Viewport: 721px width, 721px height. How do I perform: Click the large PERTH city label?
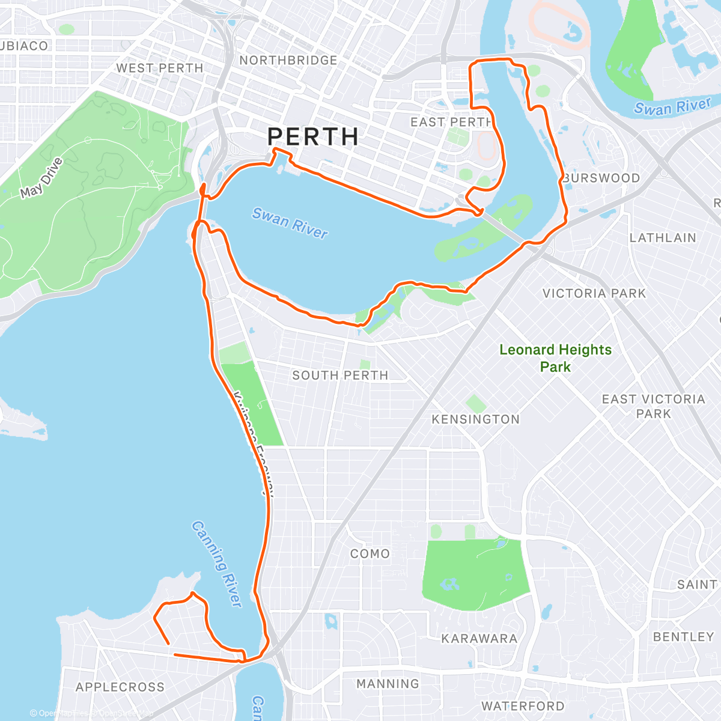[x=313, y=137]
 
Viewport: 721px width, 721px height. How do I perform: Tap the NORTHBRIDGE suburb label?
[x=288, y=61]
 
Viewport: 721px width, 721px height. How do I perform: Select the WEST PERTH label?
[x=160, y=68]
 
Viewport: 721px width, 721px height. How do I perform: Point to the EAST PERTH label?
[x=451, y=122]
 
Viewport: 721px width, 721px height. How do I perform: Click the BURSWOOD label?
[x=601, y=178]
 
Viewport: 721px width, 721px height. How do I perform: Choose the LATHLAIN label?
[x=663, y=238]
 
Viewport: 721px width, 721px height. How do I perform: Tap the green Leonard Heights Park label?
[x=555, y=358]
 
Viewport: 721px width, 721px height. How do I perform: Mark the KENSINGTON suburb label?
[x=476, y=419]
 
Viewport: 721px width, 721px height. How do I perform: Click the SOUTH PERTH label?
[x=340, y=376]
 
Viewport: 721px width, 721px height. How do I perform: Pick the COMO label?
[x=370, y=554]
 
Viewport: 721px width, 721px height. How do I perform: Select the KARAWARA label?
[x=479, y=639]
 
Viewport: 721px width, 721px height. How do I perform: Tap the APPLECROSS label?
[x=120, y=687]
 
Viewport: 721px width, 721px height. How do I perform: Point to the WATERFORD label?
[x=523, y=707]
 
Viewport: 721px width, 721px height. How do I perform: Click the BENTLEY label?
[x=683, y=637]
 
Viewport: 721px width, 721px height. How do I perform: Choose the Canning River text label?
[x=216, y=564]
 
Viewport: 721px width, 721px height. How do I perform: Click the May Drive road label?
[x=41, y=178]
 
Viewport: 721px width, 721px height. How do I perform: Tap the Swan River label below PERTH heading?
[x=290, y=223]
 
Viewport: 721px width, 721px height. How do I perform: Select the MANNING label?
[x=388, y=684]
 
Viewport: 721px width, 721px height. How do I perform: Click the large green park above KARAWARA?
[x=475, y=571]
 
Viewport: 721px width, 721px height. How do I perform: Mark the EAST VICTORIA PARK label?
[x=653, y=406]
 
